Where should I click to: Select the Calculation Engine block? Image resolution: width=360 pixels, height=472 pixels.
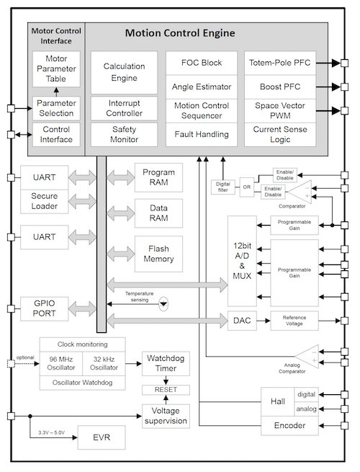124,71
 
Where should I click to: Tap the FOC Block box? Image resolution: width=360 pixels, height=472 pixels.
202,62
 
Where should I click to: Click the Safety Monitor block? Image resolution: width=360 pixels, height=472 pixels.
124,134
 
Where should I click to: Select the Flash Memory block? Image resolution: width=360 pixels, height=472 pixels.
158,254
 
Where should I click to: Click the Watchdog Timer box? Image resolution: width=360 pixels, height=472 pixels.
167,364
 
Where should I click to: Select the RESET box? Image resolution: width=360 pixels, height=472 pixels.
167,390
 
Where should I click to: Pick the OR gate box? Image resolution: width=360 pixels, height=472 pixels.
246,187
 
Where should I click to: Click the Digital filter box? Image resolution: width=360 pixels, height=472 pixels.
222,187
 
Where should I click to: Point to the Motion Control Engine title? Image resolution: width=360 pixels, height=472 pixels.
180,33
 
